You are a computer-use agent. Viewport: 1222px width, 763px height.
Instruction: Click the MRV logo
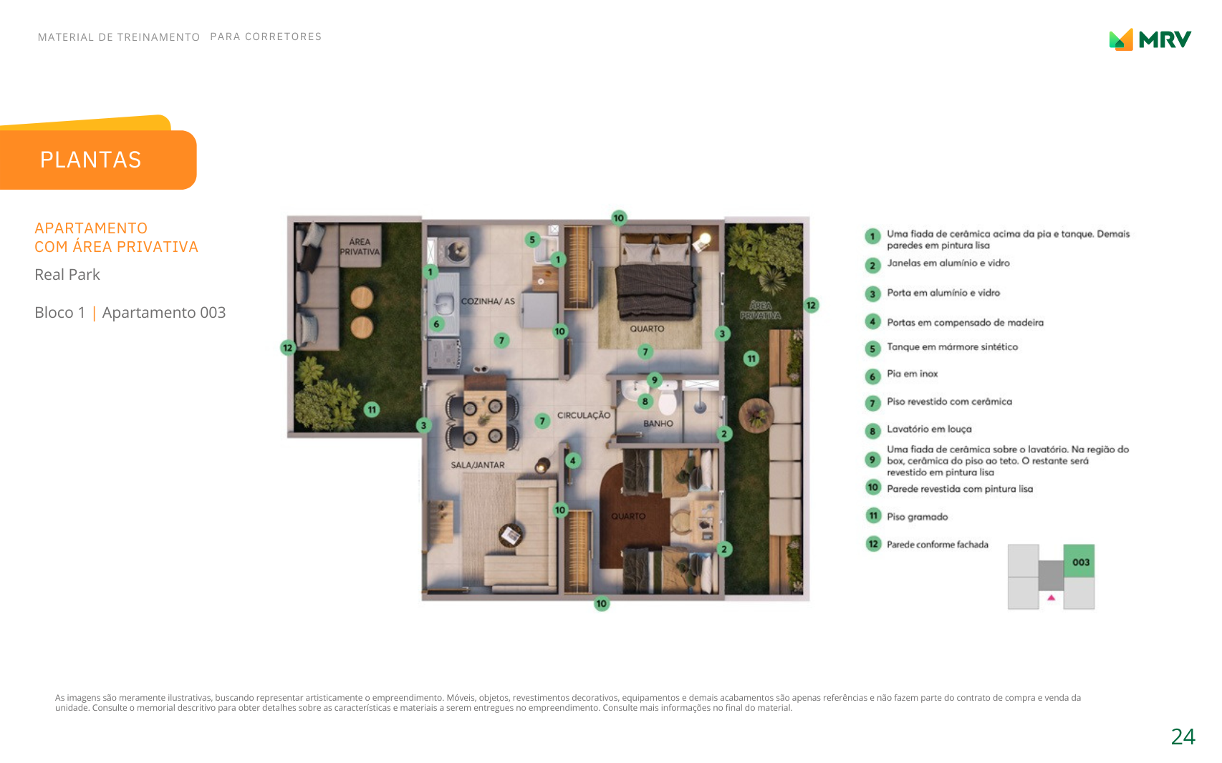[x=1150, y=40]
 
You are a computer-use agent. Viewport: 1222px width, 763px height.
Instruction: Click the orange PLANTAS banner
[x=98, y=159]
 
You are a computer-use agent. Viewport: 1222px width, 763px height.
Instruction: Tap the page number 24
[x=1183, y=737]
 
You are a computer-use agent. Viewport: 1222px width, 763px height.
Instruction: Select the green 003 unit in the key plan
[x=1079, y=561]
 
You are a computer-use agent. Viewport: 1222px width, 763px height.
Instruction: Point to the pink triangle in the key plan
[x=1052, y=598]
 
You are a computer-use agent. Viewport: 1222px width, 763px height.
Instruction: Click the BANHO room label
[x=658, y=424]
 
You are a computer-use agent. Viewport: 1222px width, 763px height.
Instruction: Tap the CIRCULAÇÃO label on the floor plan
[x=584, y=415]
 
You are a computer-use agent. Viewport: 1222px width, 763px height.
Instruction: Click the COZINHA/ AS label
[x=488, y=301]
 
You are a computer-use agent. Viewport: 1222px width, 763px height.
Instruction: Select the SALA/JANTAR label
[x=477, y=465]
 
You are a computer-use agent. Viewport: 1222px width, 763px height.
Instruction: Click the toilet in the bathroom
[x=668, y=399]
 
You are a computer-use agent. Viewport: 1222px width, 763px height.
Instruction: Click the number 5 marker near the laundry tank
[x=532, y=239]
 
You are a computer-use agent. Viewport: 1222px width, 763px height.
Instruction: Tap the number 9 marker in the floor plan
[x=654, y=380]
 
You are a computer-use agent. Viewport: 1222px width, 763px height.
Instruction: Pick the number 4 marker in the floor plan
[x=573, y=460]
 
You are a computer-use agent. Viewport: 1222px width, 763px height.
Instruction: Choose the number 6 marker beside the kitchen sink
[x=436, y=324]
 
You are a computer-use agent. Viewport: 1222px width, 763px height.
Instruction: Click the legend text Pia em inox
[x=912, y=374]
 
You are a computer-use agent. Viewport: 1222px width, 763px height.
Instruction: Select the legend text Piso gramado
[x=917, y=517]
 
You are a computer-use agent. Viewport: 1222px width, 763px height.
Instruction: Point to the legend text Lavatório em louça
[x=929, y=429]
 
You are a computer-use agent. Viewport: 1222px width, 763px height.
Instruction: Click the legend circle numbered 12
[x=873, y=544]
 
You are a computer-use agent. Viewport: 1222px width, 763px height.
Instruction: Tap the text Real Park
[x=67, y=275]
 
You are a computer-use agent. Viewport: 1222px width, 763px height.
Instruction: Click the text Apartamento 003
[x=163, y=312]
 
